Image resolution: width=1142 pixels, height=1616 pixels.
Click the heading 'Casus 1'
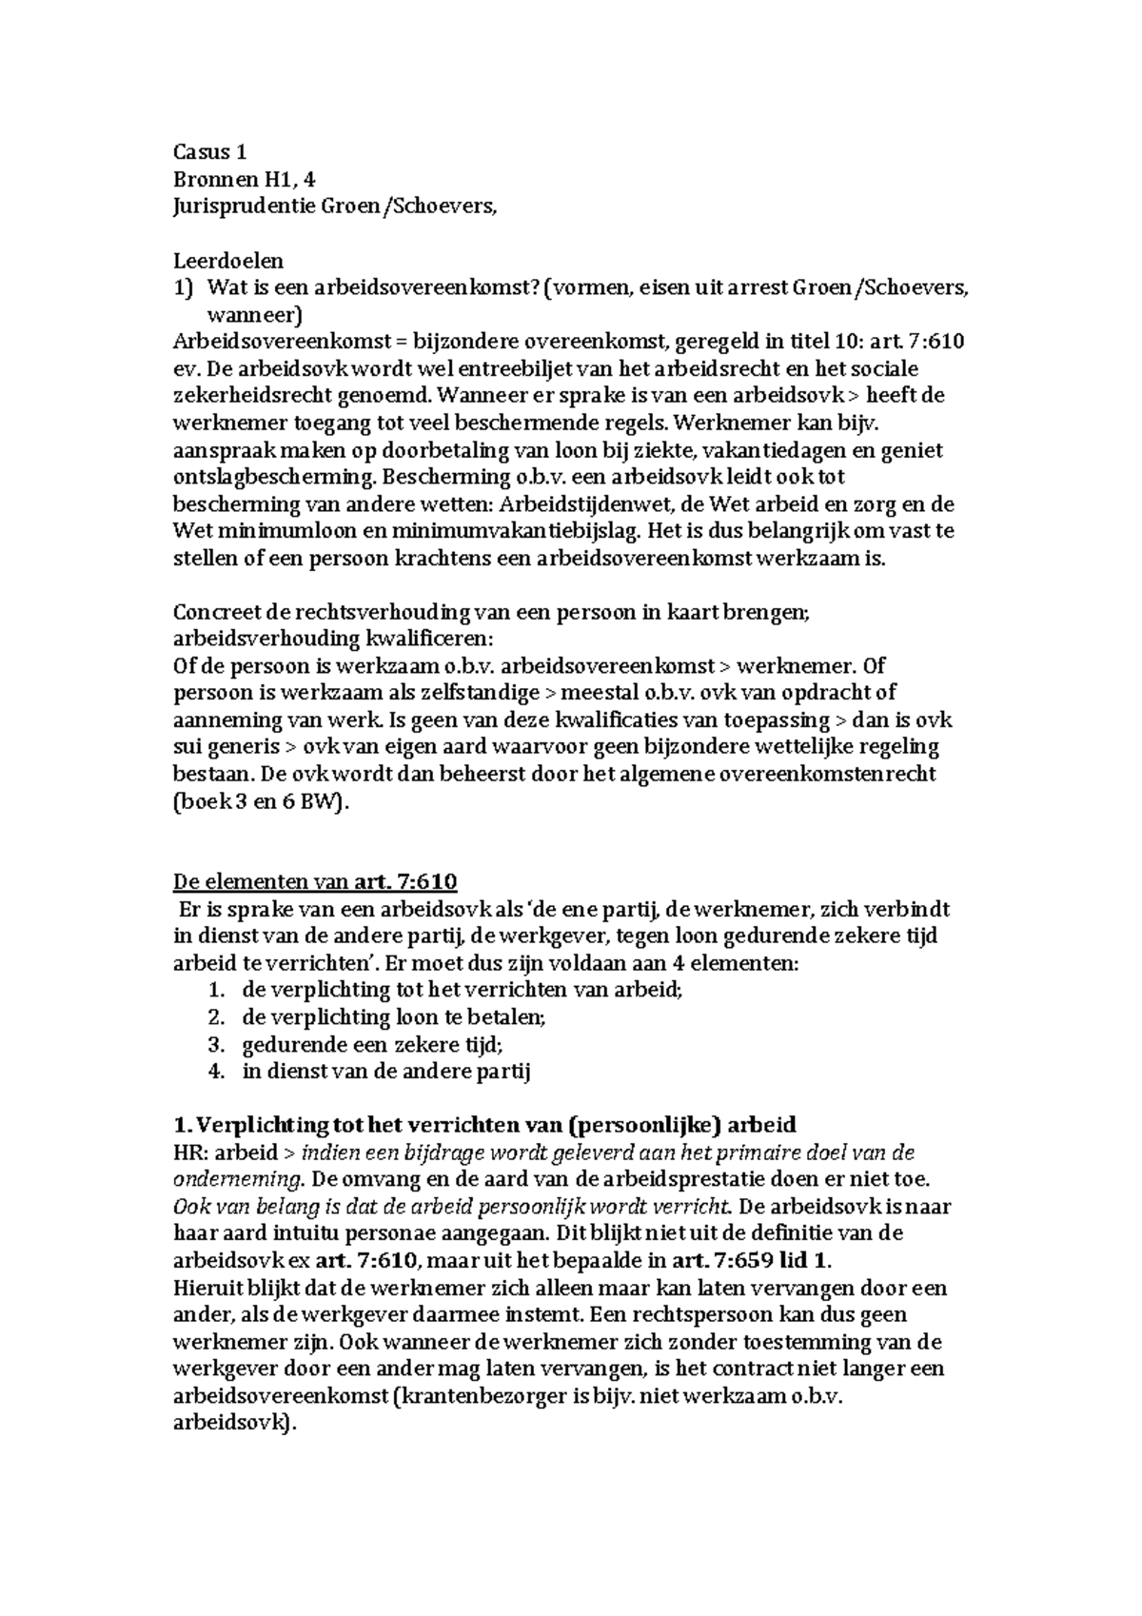pos(209,151)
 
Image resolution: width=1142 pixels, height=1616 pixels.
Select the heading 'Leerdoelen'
pos(228,260)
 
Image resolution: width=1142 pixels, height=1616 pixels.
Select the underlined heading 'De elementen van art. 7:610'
pos(315,881)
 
